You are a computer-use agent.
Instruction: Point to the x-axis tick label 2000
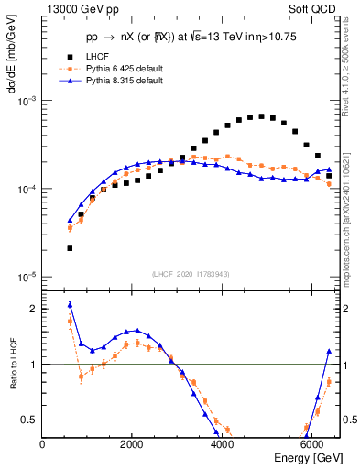pos(133,444)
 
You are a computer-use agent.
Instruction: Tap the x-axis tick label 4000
pos(223,444)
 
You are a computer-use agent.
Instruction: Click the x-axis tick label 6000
pos(312,444)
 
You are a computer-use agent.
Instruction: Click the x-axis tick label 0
pos(43,444)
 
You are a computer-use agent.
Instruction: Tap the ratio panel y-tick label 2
pos(33,309)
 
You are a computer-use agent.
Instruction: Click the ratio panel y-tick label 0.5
pos(29,420)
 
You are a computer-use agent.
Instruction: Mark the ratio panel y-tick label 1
pos(33,365)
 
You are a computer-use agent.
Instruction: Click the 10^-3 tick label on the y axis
pos(25,101)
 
